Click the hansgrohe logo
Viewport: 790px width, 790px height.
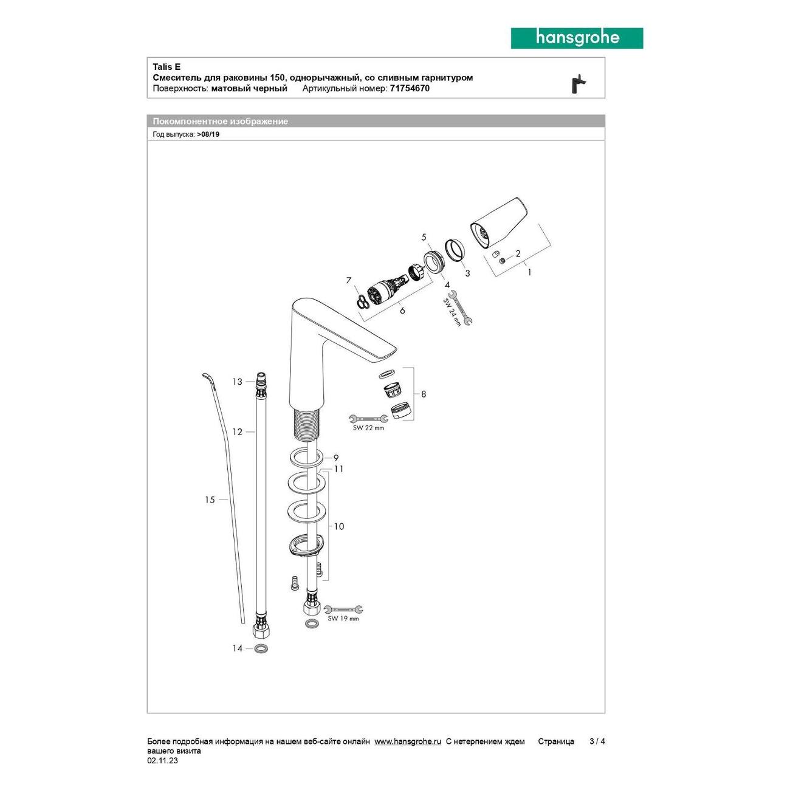(576, 38)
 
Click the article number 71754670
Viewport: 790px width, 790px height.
(409, 88)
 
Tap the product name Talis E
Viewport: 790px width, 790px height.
(167, 67)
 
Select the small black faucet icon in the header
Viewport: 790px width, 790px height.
(579, 84)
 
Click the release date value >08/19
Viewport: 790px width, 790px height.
(208, 134)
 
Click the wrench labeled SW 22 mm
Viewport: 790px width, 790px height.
(368, 418)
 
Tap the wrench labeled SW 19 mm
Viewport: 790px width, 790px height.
(343, 610)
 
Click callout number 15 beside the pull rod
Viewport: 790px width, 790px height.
(210, 500)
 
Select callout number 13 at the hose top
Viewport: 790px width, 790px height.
(237, 382)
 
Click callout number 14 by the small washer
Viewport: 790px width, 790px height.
(237, 648)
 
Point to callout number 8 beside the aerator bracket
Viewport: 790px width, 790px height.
(424, 394)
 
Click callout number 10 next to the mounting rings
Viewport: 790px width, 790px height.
(339, 526)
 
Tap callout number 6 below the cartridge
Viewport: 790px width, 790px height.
(402, 311)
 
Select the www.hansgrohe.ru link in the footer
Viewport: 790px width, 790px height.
(407, 741)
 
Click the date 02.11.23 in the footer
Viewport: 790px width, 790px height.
(162, 761)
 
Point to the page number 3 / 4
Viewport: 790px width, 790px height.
(597, 741)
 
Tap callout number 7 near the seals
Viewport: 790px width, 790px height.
(349, 280)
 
